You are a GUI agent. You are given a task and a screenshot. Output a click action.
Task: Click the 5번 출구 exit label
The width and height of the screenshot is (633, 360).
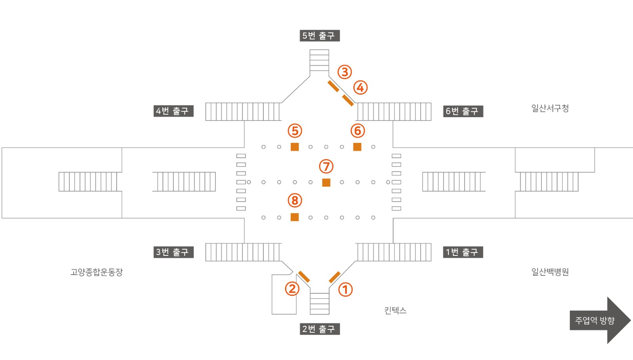320,36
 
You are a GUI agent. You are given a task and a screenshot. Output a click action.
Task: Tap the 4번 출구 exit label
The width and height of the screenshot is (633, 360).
173,111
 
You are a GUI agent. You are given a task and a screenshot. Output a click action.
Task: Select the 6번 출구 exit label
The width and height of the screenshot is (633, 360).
463,111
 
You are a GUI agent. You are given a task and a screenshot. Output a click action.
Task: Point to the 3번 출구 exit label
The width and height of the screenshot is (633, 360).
173,252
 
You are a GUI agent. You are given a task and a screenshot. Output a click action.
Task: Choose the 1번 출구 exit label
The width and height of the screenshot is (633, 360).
463,252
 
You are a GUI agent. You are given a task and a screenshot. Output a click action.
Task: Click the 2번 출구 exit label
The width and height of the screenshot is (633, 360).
320,329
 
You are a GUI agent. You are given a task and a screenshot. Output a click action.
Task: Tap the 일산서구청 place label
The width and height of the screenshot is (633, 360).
550,108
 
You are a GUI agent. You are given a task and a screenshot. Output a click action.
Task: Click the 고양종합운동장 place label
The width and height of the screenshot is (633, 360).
97,272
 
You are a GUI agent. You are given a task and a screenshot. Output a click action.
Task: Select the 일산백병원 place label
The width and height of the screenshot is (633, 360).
550,272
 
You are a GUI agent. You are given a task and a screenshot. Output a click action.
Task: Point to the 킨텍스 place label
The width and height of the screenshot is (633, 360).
395,310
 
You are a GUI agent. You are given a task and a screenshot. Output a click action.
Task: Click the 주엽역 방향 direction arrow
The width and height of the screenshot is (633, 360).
600,320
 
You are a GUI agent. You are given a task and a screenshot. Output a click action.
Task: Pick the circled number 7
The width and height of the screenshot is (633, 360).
326,166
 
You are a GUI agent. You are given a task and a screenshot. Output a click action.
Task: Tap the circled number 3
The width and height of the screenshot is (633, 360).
345,72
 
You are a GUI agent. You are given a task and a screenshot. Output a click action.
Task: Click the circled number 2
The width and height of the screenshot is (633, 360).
292,289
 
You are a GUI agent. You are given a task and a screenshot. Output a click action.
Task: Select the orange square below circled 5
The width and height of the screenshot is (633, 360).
295,147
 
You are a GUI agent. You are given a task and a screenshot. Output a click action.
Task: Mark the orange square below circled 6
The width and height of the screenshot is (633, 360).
357,147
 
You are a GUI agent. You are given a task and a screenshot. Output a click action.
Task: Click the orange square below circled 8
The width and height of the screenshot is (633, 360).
295,217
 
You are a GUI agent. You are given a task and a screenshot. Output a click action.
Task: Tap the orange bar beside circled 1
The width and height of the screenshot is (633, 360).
335,277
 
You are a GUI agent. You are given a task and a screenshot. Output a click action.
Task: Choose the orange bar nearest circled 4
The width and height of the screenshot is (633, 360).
348,100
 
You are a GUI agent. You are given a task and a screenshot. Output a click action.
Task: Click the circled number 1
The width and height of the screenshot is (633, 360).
345,290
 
